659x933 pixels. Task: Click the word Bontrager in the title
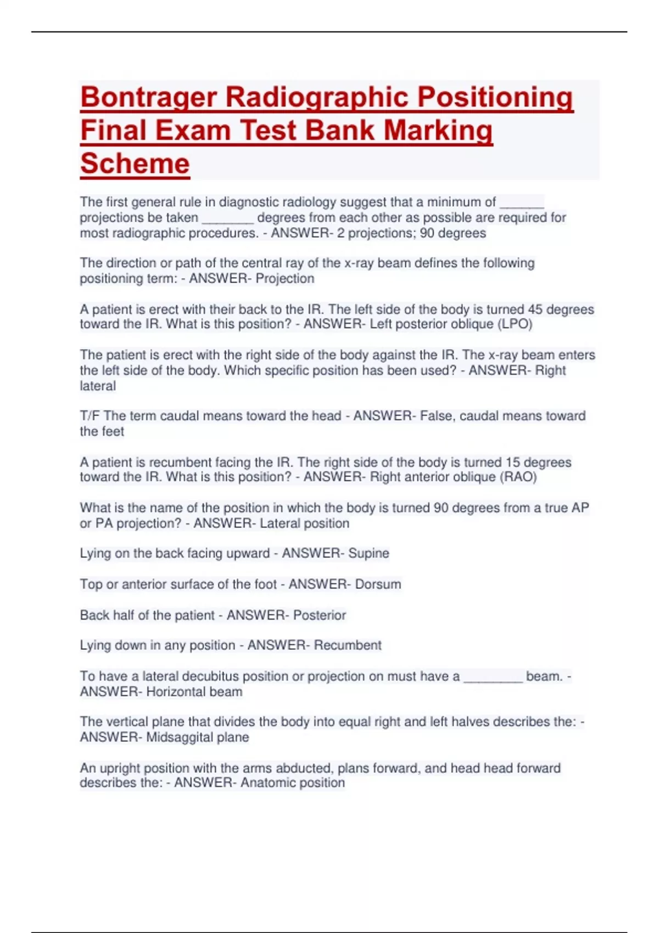(x=149, y=98)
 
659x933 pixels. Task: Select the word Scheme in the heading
(x=135, y=164)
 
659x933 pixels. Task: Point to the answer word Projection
(x=285, y=279)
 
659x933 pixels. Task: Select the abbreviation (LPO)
(x=515, y=324)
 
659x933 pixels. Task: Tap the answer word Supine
(x=368, y=553)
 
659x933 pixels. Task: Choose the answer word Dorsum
(x=378, y=584)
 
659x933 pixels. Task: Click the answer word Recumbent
(x=348, y=645)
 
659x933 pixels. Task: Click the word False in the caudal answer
(x=435, y=416)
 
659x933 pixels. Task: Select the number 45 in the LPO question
(x=535, y=310)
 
